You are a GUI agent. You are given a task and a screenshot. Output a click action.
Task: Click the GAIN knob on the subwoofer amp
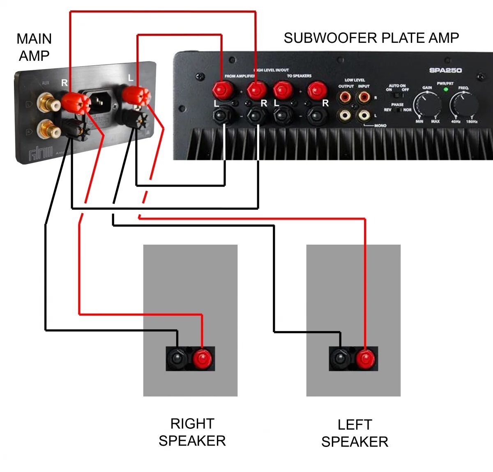427,103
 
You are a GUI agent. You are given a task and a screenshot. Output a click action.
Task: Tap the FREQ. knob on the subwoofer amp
464,103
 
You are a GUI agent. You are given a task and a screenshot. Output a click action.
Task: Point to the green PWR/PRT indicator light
445,89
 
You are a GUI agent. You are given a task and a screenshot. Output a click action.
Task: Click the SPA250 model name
445,70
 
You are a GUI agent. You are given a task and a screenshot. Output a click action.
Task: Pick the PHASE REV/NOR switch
397,110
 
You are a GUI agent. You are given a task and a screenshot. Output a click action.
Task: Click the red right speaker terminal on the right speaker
202,359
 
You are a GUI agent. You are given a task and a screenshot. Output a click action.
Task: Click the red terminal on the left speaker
365,359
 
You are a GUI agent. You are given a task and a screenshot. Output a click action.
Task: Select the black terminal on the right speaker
177,359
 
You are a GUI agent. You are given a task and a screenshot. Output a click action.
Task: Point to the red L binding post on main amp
135,95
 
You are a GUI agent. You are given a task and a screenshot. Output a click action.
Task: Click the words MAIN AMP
34,47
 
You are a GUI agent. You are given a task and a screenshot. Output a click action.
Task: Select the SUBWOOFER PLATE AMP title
371,38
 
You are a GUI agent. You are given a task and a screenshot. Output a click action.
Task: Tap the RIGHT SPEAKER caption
192,432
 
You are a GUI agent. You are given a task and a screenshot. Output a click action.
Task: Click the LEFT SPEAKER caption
355,433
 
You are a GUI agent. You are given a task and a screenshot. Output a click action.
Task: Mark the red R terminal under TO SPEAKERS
316,89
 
